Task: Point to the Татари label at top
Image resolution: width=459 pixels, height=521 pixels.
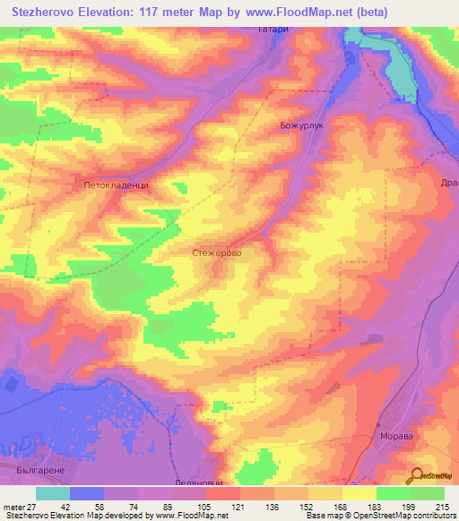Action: pyautogui.click(x=276, y=30)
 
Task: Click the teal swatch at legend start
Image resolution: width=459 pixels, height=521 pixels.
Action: pyautogui.click(x=52, y=493)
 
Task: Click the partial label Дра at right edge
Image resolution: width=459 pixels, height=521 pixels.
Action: pyautogui.click(x=450, y=182)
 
